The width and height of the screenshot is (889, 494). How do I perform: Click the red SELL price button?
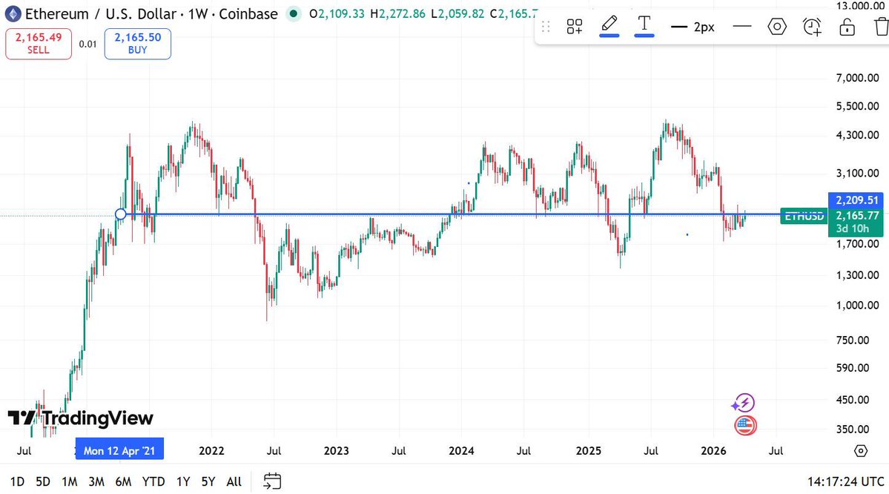pyautogui.click(x=39, y=44)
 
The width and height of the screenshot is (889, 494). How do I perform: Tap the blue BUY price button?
pyautogui.click(x=137, y=44)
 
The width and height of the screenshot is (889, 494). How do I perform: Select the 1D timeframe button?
pyautogui.click(x=18, y=481)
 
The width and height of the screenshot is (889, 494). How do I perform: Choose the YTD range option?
pyautogui.click(x=153, y=481)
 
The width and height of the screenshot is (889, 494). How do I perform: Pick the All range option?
pyautogui.click(x=234, y=481)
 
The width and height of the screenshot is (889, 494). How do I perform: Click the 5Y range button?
pyautogui.click(x=208, y=481)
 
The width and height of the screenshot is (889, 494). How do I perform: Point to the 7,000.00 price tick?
pyautogui.click(x=847, y=78)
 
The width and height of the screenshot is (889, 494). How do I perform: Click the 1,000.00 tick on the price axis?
pyautogui.click(x=847, y=306)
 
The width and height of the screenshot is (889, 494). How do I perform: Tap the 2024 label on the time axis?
pyautogui.click(x=462, y=450)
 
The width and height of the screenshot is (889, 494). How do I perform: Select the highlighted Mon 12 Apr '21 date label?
pyautogui.click(x=119, y=450)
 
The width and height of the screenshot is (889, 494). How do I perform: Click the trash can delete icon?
pyautogui.click(x=881, y=27)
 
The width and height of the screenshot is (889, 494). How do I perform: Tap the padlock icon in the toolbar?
pyautogui.click(x=847, y=27)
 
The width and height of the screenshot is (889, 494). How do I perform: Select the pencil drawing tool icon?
pyautogui.click(x=609, y=24)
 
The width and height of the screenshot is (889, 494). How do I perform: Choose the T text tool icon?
pyautogui.click(x=644, y=24)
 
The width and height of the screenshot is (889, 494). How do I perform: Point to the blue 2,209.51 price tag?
pyautogui.click(x=856, y=200)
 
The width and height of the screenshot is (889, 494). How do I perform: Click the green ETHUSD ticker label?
pyautogui.click(x=804, y=216)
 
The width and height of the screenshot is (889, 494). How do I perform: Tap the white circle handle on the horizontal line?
pyautogui.click(x=121, y=214)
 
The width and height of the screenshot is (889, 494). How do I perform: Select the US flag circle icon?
pyautogui.click(x=744, y=426)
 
